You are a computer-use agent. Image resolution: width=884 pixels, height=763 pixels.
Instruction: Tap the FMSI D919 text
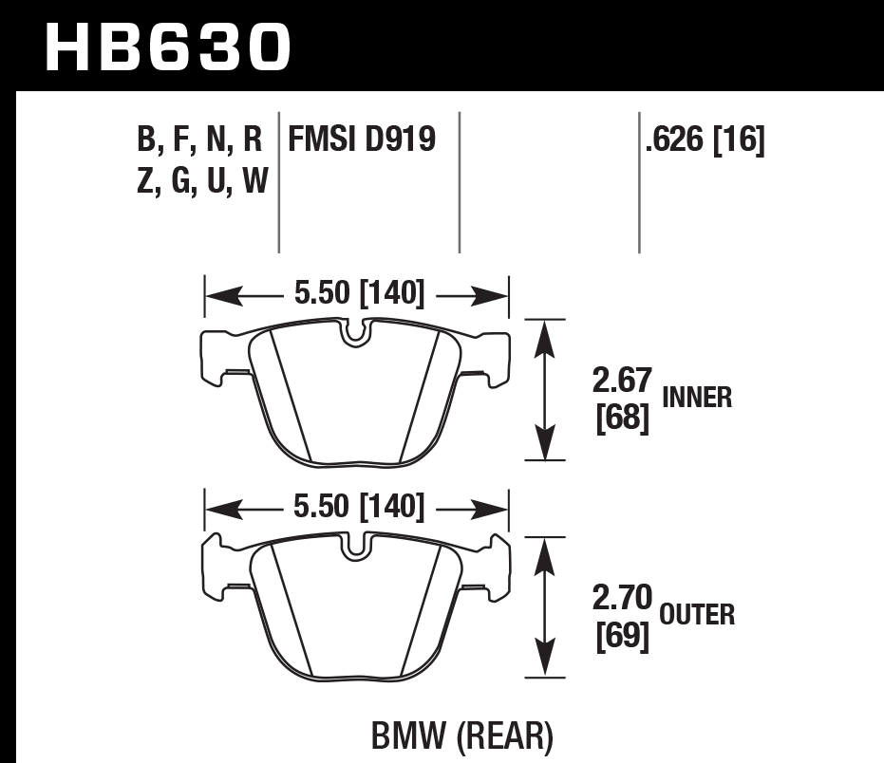coord(362,140)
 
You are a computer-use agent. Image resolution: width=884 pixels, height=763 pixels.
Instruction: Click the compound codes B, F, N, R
coord(199,141)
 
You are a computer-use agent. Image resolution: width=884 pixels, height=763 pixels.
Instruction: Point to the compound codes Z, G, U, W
coord(202,179)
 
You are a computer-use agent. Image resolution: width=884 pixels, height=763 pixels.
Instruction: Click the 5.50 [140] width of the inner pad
coord(359,294)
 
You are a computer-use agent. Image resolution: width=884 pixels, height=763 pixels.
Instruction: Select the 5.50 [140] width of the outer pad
coord(359,507)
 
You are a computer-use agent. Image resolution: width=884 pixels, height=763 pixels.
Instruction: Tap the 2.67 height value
coord(622,381)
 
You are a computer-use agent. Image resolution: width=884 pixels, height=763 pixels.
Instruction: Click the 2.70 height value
coord(622,599)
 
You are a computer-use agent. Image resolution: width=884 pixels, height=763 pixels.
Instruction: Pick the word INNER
coord(697,397)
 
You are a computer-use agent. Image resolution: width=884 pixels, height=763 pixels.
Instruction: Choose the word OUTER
coord(698,615)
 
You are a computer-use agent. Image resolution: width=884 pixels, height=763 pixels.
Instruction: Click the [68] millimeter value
coord(622,419)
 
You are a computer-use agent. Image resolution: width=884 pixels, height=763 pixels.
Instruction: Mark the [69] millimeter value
coord(622,637)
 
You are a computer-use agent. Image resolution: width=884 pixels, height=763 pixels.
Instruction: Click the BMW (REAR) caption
coord(460,735)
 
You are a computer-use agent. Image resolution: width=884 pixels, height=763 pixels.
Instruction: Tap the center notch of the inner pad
coord(356,332)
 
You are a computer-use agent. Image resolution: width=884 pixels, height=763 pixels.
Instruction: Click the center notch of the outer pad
coord(356,548)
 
